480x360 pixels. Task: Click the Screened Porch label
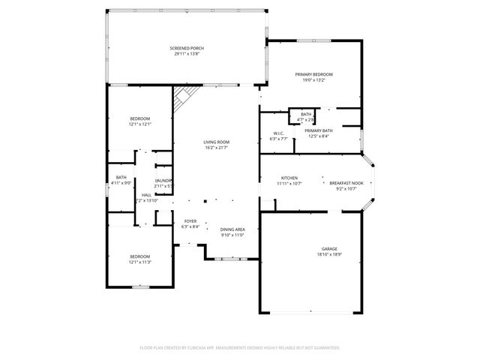click(187, 48)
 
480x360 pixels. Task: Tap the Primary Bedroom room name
click(313, 74)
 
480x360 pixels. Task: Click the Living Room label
click(216, 142)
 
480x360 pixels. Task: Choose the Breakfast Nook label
click(346, 182)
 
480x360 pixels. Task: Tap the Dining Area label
click(232, 229)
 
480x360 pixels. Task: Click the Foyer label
click(190, 221)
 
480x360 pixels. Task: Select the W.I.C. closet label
click(277, 133)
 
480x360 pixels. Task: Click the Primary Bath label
click(316, 130)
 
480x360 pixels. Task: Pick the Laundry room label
click(163, 181)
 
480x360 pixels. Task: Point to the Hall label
click(146, 195)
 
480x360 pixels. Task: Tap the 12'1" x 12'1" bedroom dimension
click(140, 124)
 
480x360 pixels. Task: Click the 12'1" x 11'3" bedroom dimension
click(140, 262)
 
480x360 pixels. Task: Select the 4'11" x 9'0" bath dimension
click(121, 183)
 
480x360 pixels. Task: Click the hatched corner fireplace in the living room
click(184, 98)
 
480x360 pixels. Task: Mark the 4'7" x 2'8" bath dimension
click(305, 119)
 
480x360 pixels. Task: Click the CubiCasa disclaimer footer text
click(240, 348)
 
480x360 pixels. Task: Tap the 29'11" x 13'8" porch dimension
click(187, 54)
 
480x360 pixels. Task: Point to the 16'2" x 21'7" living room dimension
click(216, 148)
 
